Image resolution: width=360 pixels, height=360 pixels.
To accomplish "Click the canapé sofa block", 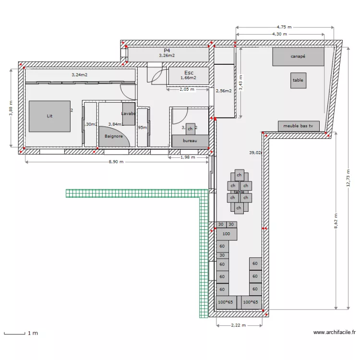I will tap(298, 57).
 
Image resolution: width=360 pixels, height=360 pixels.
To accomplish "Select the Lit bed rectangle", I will tap(49, 116).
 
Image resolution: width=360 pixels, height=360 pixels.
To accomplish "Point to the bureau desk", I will tap(191, 141).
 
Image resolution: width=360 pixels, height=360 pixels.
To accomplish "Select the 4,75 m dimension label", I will tap(285, 27).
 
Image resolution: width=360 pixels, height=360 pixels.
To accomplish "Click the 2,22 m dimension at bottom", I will tap(239, 325).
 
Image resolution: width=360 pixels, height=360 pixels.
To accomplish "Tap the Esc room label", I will tap(189, 73).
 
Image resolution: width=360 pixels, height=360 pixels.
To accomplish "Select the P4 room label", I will tap(167, 50).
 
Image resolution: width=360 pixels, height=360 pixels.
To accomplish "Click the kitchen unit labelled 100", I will tap(227, 234).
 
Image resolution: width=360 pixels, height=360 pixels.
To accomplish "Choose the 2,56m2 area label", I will tap(224, 91).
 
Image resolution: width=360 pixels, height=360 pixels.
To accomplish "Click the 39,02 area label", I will tap(255, 153).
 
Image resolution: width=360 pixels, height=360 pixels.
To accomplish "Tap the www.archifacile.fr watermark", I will tap(334, 332).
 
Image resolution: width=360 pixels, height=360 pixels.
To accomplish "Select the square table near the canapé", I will tap(298, 80).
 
